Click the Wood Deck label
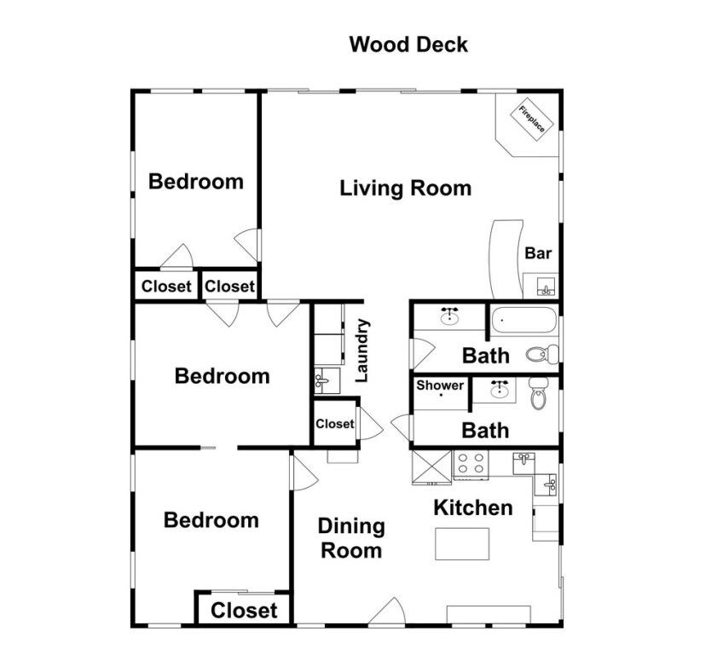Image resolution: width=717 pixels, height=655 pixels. coord(408,44)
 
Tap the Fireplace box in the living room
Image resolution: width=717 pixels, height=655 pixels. coord(532,120)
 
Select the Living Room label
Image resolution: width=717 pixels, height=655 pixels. coord(406,188)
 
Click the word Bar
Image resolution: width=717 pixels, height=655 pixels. coord(538,253)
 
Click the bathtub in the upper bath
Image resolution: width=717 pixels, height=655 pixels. coord(524,320)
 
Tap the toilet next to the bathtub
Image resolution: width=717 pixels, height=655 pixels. coord(542,354)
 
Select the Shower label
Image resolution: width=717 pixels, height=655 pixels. coord(440,385)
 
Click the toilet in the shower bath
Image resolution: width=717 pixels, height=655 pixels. coord(538,393)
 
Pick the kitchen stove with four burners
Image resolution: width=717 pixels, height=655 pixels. coord(471,464)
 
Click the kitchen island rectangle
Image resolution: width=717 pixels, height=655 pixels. coord(462,544)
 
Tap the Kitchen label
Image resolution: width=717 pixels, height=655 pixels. coord(473,507)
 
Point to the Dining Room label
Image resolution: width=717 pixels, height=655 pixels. coord(351,538)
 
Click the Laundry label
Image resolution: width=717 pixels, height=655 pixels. coord(362,351)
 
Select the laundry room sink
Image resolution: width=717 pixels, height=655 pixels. coord(327,380)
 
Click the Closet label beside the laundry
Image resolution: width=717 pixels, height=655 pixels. coord(335,424)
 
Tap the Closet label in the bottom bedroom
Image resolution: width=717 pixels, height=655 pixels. coord(244,610)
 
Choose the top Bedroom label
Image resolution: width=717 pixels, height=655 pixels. coord(196,182)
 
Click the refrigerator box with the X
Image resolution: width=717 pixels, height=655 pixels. coord(431,467)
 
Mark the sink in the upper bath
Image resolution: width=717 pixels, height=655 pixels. coord(450,316)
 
